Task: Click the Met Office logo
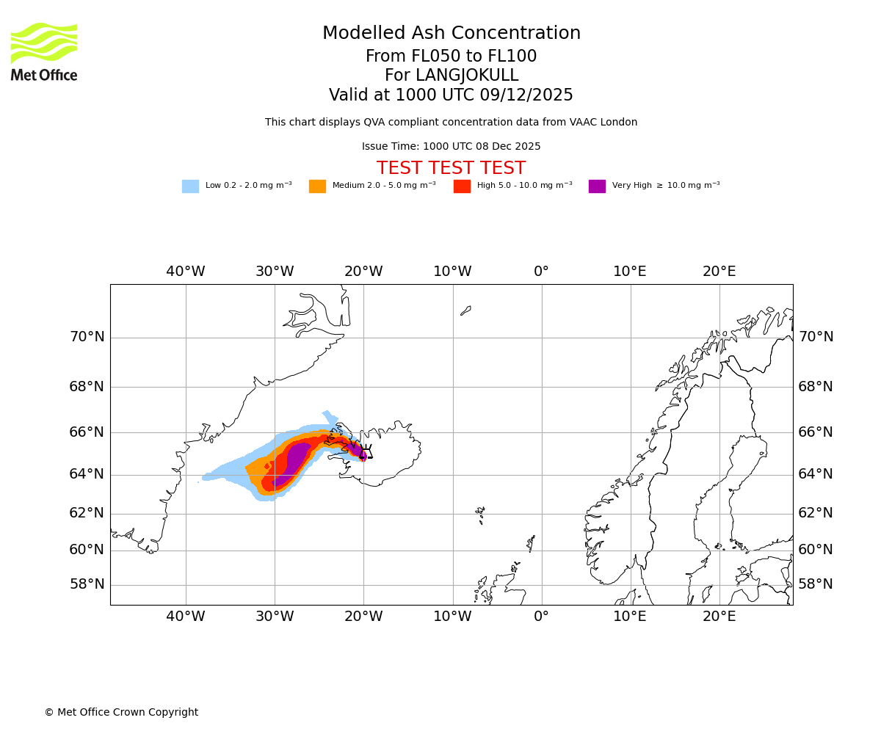44,51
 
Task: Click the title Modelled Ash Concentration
451,33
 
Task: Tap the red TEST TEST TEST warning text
451,168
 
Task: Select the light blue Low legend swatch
190,186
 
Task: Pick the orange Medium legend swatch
317,186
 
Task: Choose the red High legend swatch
462,186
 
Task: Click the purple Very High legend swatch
597,186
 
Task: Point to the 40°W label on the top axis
185,272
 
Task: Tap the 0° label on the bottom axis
541,617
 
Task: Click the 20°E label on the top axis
719,272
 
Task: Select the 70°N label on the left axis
87,337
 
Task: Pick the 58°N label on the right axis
816,584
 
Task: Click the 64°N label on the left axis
87,474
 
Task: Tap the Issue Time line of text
451,147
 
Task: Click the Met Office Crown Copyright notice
121,712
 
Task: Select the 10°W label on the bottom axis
452,617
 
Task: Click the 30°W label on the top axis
275,272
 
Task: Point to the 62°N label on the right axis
816,513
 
